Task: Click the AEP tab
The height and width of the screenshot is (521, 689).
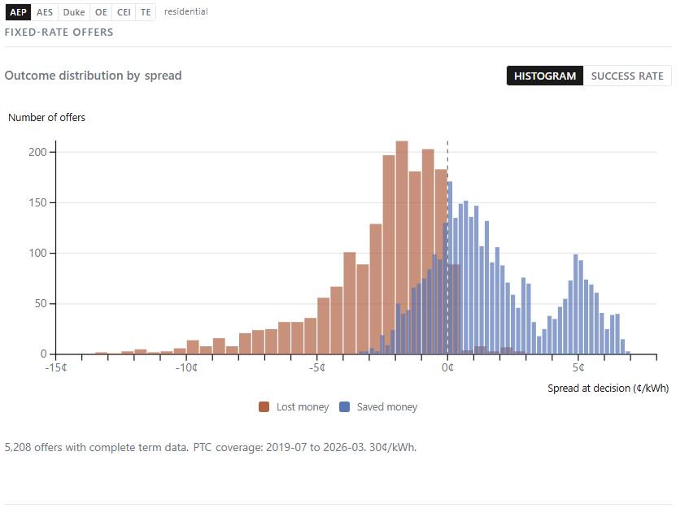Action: pos(18,12)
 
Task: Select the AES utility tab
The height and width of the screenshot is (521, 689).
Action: pos(45,12)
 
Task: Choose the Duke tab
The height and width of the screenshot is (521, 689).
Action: pos(73,12)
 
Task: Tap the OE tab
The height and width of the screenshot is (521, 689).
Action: pos(101,12)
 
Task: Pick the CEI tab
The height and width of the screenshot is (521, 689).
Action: pos(124,12)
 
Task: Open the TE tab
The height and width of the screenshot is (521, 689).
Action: pos(146,12)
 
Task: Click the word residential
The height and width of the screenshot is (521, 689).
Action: pos(185,12)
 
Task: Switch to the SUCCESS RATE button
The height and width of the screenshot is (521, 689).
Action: pos(626,76)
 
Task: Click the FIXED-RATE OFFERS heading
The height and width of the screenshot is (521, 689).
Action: pos(59,33)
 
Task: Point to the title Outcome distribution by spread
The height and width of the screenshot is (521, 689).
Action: pos(93,76)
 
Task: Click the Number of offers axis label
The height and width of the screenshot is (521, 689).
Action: pos(46,118)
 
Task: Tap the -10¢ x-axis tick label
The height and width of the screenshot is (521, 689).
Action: pos(186,367)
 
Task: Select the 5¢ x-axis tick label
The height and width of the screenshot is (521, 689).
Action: pos(578,367)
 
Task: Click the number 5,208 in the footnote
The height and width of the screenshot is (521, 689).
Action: pos(20,447)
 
